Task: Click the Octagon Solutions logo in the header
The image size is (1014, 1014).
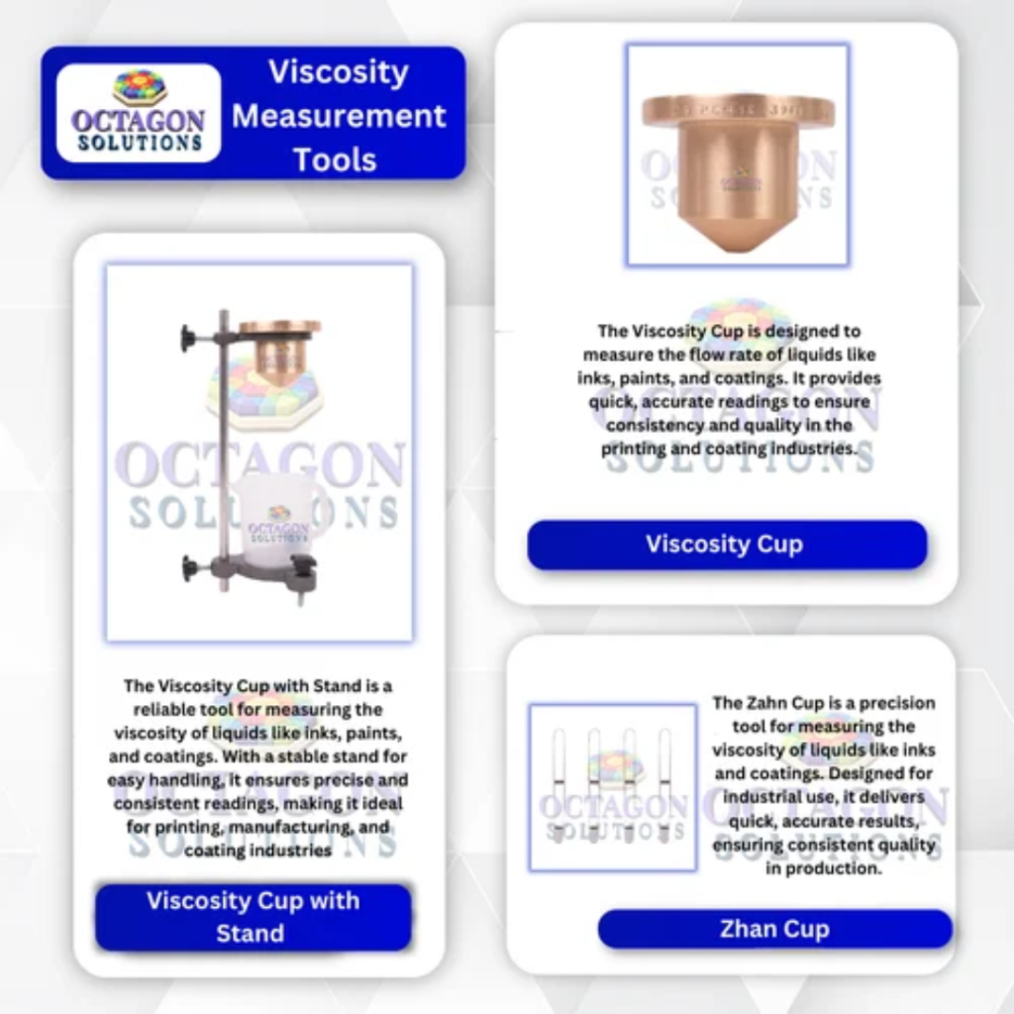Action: [x=139, y=113]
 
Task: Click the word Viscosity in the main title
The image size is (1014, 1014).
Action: [x=339, y=72]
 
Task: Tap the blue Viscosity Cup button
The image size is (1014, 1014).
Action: [x=726, y=545]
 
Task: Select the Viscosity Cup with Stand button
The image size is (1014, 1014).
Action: [x=253, y=917]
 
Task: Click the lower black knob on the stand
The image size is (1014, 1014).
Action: [x=189, y=567]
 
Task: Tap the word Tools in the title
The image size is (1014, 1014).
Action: [x=335, y=159]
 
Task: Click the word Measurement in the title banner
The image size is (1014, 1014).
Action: [x=339, y=116]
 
